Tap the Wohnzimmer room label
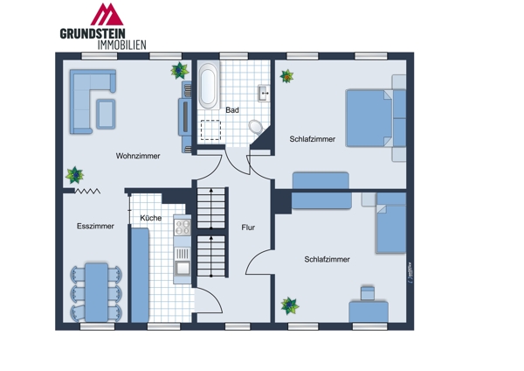tap(138, 156)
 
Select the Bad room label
tap(232, 110)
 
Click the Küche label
tap(150, 218)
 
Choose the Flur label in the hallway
tap(249, 227)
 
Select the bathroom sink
tap(265, 92)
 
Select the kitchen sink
tap(183, 267)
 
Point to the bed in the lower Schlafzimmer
tap(390, 227)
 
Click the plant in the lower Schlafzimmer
tap(288, 306)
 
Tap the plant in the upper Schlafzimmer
tap(286, 77)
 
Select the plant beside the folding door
tap(76, 176)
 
